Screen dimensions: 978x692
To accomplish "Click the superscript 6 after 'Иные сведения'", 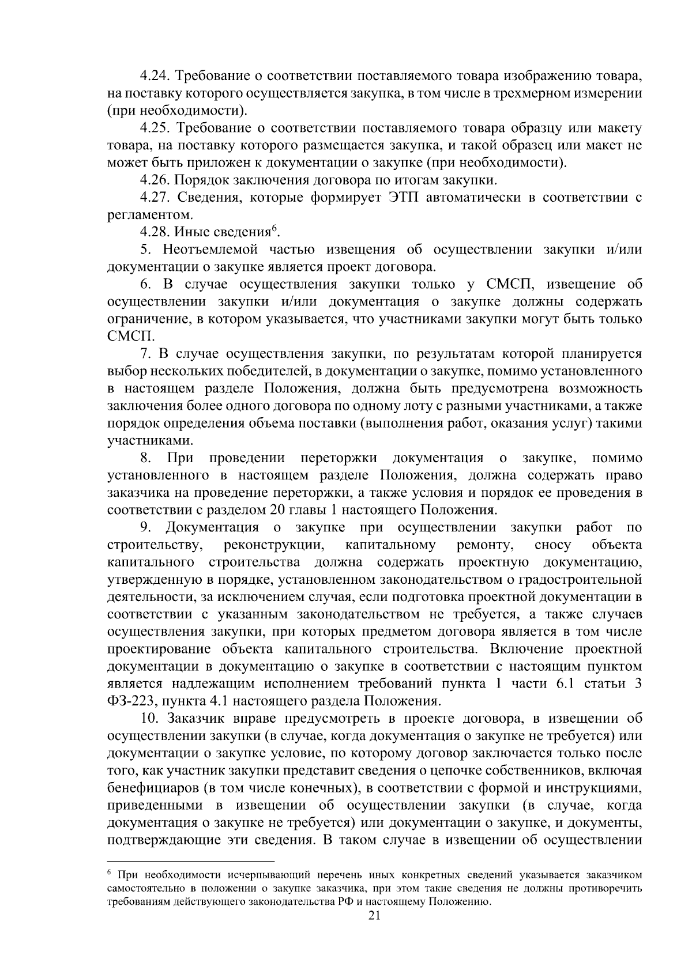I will pos(274,229).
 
